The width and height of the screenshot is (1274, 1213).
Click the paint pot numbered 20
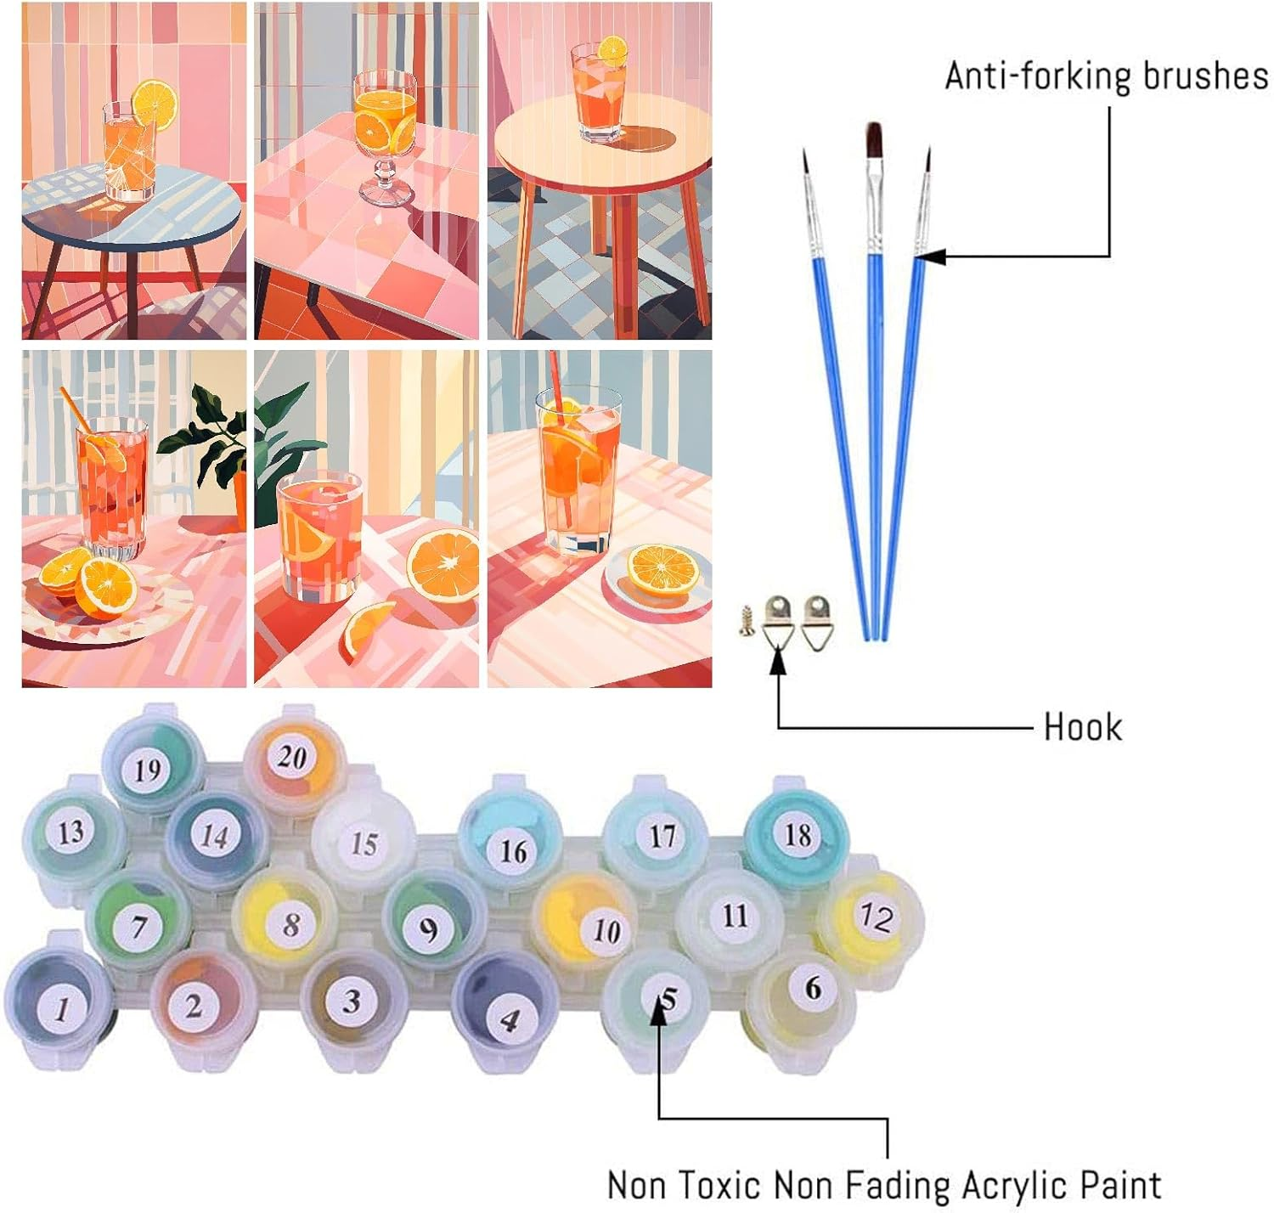[291, 756]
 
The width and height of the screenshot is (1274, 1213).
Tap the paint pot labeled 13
[70, 832]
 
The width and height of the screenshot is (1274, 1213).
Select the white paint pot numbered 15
[364, 843]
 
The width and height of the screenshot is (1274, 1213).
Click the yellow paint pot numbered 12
[875, 917]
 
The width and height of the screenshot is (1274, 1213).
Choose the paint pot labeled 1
[61, 1007]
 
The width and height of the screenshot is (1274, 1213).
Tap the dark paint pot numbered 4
[507, 1017]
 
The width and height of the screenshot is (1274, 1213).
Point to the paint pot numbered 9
[430, 928]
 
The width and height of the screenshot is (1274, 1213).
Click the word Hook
[1082, 728]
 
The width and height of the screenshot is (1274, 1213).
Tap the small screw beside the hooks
[747, 622]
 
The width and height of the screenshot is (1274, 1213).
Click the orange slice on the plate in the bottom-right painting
[662, 569]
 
